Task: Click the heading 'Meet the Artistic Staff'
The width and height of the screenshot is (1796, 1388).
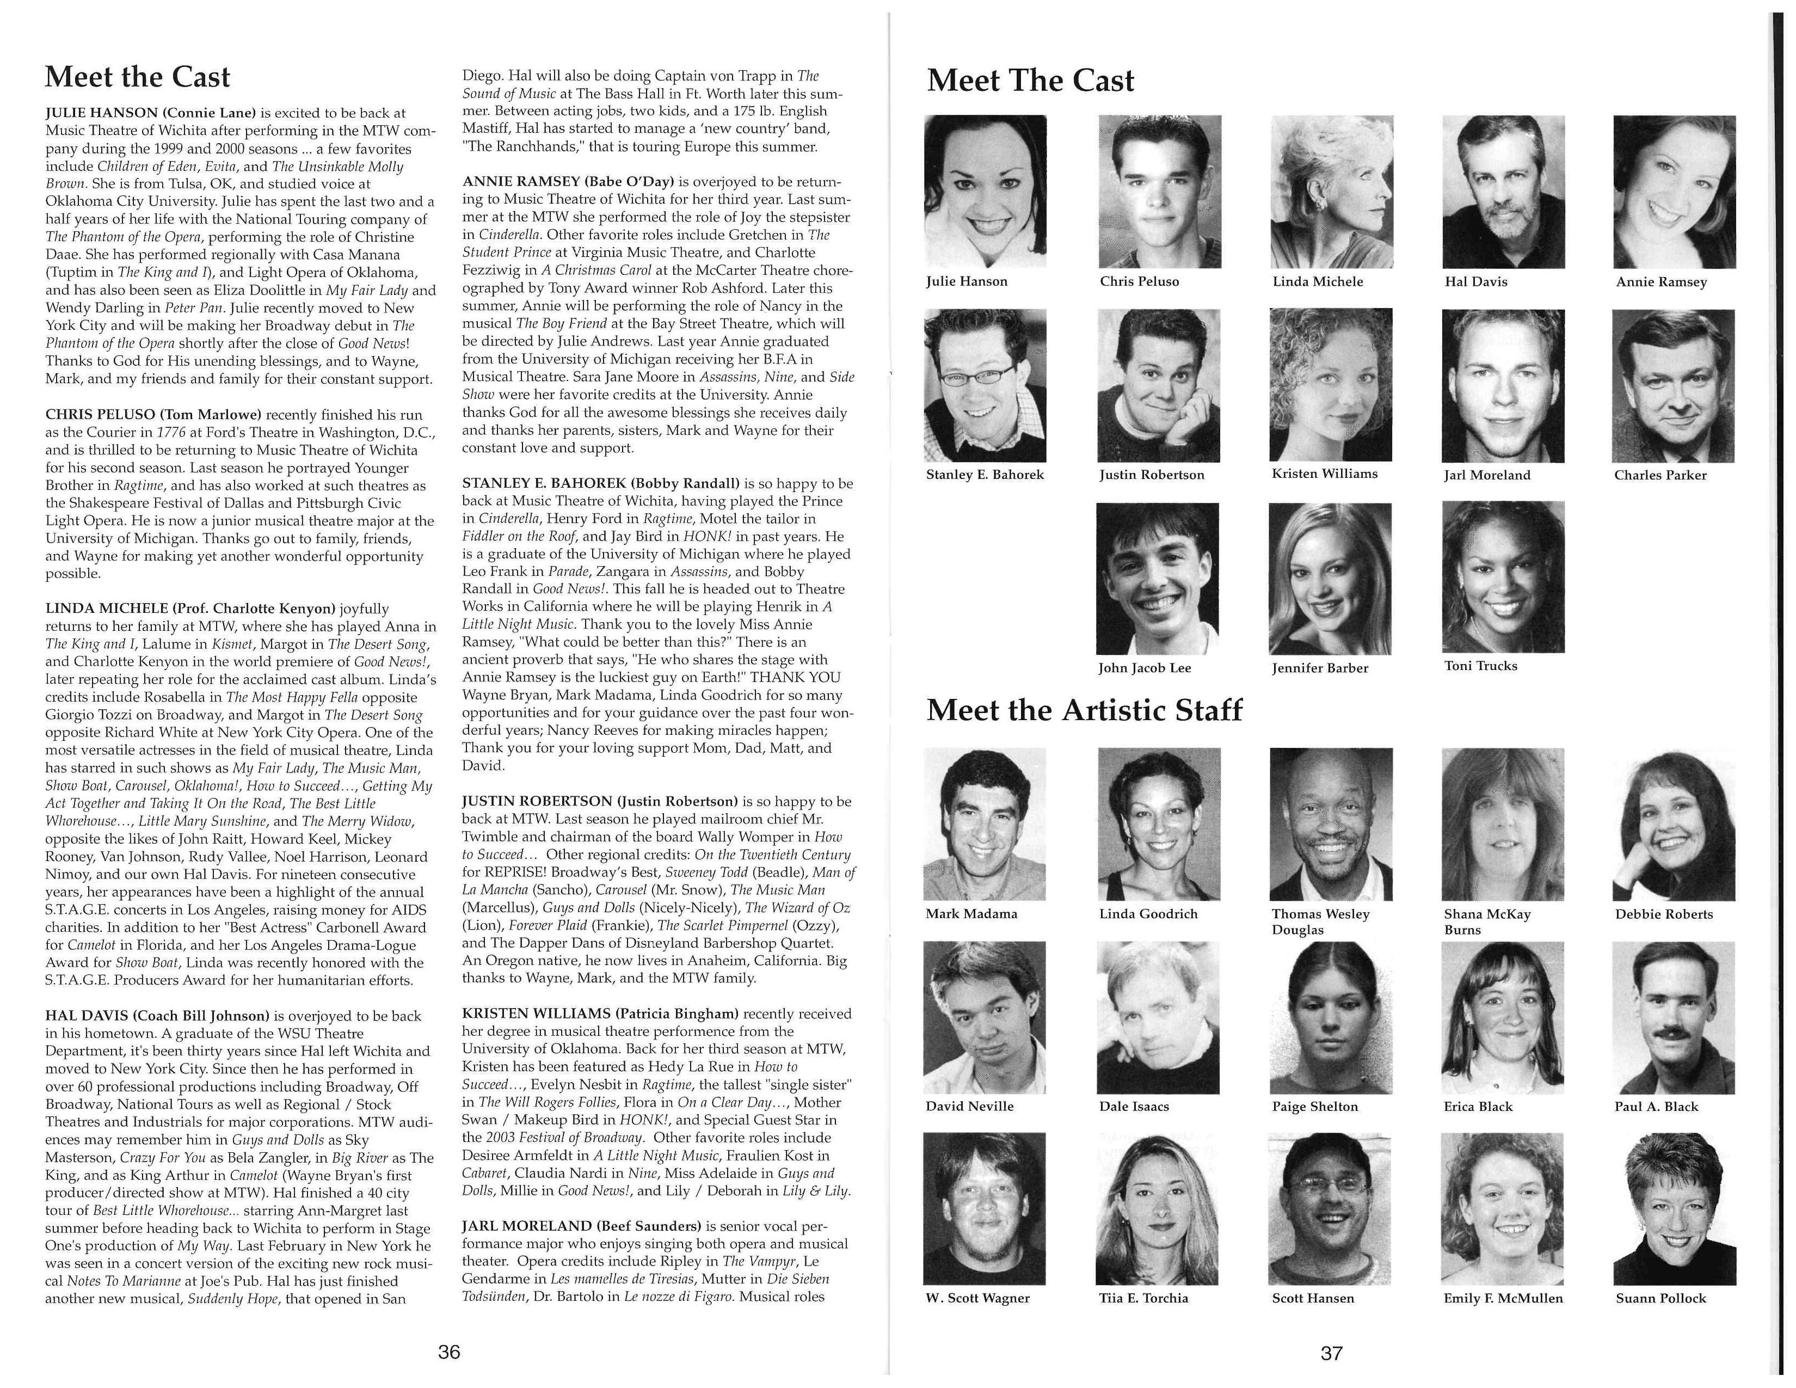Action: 1084,710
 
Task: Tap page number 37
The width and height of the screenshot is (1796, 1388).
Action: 1331,1353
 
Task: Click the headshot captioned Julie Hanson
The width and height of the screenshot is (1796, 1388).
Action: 985,192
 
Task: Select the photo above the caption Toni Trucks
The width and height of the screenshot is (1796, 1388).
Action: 1503,577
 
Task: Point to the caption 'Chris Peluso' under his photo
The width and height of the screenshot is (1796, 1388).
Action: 1139,281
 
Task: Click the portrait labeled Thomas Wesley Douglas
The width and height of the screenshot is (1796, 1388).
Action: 1331,824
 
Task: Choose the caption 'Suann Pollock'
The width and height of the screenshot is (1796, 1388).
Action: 1660,1298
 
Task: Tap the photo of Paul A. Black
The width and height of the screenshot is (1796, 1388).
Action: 1674,1017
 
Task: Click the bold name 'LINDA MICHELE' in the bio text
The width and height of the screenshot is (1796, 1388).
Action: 105,609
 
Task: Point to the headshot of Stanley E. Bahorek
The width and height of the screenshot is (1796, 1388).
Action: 985,385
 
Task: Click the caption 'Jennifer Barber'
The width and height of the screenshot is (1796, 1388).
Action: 1320,668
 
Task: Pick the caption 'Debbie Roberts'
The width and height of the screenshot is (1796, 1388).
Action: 1664,913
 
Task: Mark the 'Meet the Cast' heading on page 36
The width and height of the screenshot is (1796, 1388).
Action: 137,76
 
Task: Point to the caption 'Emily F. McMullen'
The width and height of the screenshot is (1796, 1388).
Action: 1503,1298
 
